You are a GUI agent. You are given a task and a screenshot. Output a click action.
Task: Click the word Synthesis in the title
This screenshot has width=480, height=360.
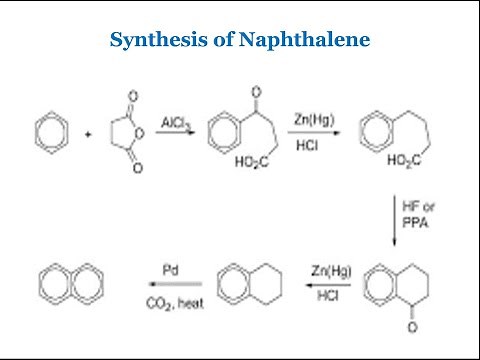(x=148, y=41)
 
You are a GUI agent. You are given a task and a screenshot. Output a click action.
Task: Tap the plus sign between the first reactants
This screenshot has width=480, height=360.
(x=90, y=131)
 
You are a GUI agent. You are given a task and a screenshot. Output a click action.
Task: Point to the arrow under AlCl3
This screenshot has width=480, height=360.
(x=175, y=130)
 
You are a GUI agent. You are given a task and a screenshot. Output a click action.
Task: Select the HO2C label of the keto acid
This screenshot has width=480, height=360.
(x=253, y=162)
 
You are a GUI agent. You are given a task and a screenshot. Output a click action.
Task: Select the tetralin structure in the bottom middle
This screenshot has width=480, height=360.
(x=244, y=282)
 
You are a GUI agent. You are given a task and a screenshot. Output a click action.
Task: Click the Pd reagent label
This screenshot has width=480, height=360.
(x=170, y=269)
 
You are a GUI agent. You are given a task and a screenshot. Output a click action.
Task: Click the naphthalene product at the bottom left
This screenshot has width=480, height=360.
(x=68, y=282)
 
